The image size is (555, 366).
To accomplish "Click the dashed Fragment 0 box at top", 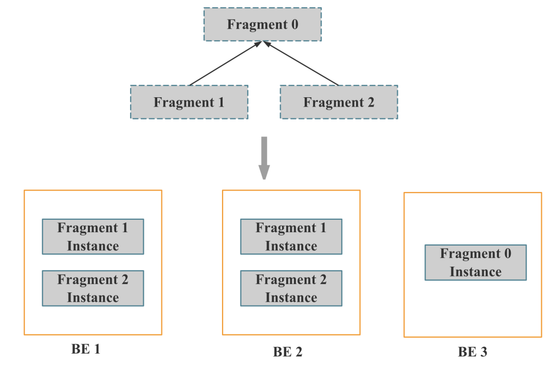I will [x=262, y=24].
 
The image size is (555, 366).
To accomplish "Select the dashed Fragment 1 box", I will [x=189, y=102].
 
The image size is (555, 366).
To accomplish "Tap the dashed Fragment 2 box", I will [x=339, y=102].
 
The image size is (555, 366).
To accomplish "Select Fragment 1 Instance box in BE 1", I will [x=92, y=236].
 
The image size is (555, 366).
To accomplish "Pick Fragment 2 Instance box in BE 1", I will [x=92, y=288].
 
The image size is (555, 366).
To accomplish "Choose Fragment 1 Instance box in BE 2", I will [x=291, y=236].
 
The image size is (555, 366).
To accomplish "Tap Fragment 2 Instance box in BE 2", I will [x=291, y=288].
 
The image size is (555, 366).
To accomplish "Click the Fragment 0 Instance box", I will [x=475, y=263].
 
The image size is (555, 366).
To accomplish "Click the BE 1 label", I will [x=85, y=350].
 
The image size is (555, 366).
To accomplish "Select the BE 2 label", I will [x=288, y=352].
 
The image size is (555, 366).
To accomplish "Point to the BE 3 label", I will [x=472, y=352].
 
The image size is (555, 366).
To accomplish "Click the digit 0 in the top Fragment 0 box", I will [x=293, y=24].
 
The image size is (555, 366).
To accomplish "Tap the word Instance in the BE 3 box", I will [x=475, y=272].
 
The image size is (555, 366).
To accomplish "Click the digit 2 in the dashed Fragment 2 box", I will [x=371, y=102].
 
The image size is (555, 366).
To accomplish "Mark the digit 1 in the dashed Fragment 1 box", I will [x=221, y=102].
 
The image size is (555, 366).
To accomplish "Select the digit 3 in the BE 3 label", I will [x=484, y=352].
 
